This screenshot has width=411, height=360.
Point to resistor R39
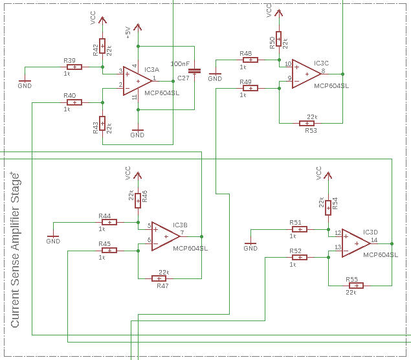click(x=74, y=67)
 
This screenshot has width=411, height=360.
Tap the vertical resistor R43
click(x=102, y=124)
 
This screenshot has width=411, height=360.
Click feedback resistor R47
click(x=159, y=278)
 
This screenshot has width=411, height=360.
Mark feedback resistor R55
click(x=355, y=285)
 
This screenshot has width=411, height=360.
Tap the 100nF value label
click(x=179, y=63)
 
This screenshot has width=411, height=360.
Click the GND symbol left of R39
click(x=24, y=82)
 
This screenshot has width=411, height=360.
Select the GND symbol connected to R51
click(x=250, y=245)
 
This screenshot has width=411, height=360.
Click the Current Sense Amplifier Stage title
click(x=16, y=249)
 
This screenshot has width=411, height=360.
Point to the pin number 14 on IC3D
click(x=374, y=240)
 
